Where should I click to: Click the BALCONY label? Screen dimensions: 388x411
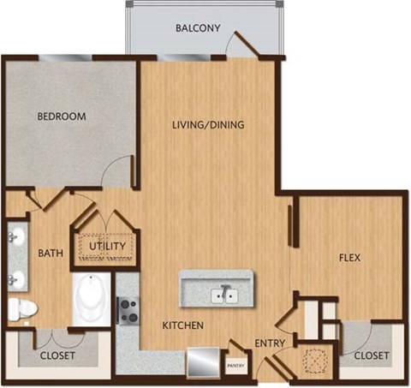tap(198, 28)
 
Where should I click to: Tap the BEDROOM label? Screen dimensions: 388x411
tap(61, 116)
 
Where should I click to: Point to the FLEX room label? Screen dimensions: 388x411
tap(348, 256)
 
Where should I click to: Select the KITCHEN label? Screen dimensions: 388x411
tap(182, 325)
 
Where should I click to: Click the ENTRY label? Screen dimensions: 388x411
tap(271, 344)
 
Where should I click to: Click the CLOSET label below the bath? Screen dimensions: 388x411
tap(58, 355)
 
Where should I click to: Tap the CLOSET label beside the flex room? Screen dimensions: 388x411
tap(372, 355)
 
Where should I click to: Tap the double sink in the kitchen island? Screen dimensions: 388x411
tap(226, 295)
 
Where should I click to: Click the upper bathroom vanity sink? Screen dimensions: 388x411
tap(15, 237)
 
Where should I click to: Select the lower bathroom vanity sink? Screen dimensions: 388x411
tap(15, 278)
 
